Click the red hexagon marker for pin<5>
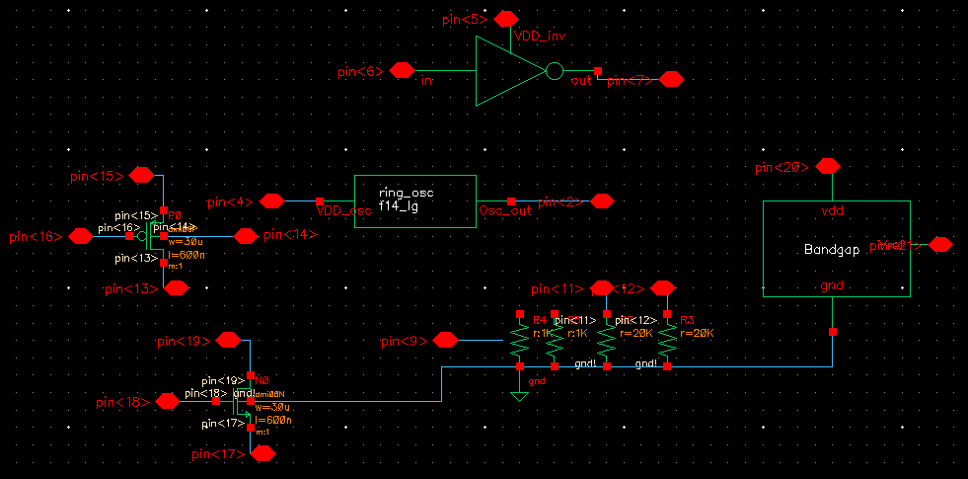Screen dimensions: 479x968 pyautogui.click(x=506, y=19)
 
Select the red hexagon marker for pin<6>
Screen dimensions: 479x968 pyautogui.click(x=401, y=70)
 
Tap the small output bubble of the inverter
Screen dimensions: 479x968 pyautogui.click(x=555, y=71)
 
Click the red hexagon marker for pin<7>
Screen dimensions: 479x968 pyautogui.click(x=671, y=79)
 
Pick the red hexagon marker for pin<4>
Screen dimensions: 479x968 pyautogui.click(x=271, y=200)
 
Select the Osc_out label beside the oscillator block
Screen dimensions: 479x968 pyautogui.click(x=504, y=210)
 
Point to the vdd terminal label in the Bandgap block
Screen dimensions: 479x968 pyautogui.click(x=833, y=211)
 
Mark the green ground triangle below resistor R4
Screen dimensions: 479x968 pyautogui.click(x=519, y=397)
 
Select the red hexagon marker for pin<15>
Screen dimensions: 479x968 pyautogui.click(x=142, y=175)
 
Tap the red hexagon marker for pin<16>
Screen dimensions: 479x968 pyautogui.click(x=80, y=236)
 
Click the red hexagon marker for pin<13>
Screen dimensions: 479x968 pyautogui.click(x=177, y=287)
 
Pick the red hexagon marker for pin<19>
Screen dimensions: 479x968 pyautogui.click(x=228, y=340)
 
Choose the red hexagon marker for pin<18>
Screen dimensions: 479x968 pyautogui.click(x=167, y=401)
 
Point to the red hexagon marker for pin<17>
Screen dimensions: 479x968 pyautogui.click(x=262, y=453)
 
